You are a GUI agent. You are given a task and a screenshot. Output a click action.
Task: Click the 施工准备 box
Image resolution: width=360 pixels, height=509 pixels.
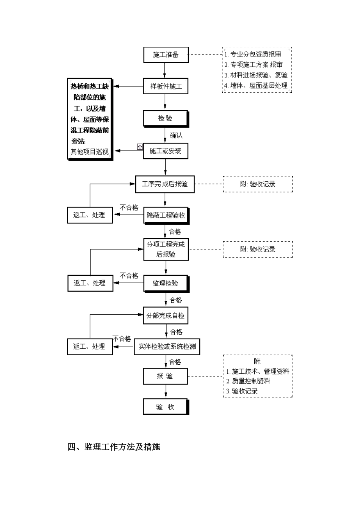[x=166, y=55]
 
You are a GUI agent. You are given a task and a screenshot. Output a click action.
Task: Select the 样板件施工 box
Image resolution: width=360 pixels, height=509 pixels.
[x=166, y=87]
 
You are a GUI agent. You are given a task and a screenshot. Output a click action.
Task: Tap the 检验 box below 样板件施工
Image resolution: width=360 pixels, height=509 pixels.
[x=166, y=119]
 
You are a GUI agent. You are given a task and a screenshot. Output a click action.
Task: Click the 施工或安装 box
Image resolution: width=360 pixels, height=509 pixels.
[x=166, y=151]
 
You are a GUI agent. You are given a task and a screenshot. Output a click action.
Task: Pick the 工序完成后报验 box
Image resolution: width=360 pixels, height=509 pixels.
[x=165, y=184]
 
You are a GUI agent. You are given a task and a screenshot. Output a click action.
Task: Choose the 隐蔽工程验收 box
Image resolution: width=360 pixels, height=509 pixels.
[x=166, y=215]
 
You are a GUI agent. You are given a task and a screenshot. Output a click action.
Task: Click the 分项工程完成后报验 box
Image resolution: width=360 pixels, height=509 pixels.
[x=166, y=250]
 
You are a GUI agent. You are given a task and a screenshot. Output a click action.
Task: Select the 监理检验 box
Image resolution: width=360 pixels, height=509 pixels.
[x=166, y=283]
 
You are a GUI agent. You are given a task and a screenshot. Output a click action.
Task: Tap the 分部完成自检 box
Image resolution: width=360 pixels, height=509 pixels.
[x=166, y=315]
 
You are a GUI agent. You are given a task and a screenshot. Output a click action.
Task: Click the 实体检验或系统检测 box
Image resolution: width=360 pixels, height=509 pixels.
[x=167, y=347]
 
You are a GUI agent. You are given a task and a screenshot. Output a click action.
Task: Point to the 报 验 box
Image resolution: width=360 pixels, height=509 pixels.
[x=165, y=376]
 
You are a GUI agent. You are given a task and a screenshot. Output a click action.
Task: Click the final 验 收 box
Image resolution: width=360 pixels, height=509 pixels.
[x=166, y=407]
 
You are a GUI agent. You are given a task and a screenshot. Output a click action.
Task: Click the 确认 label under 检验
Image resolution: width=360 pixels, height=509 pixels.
[x=176, y=135]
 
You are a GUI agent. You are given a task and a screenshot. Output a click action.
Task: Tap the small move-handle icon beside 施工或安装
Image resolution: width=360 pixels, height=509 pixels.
[x=140, y=146]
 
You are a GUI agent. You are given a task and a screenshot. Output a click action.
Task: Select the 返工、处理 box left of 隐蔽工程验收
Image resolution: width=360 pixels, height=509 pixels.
[x=89, y=215]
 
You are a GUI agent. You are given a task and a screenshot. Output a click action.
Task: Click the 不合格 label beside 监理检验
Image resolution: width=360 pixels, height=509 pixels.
[x=129, y=275]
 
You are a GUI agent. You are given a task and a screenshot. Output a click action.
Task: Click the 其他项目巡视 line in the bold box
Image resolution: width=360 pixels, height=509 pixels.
[x=90, y=152]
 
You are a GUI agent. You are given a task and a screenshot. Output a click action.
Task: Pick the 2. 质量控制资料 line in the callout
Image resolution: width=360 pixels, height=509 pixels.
[x=248, y=381]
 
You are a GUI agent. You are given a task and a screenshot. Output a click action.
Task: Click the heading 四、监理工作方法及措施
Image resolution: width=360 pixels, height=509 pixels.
[x=114, y=447]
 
